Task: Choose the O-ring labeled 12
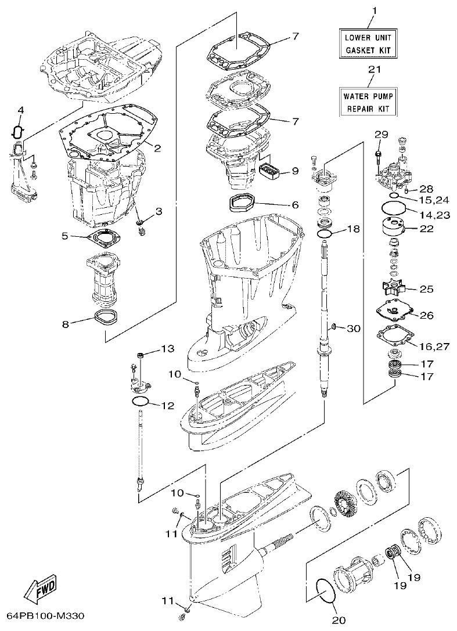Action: pyautogui.click(x=140, y=402)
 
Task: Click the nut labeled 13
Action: pyautogui.click(x=140, y=355)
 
